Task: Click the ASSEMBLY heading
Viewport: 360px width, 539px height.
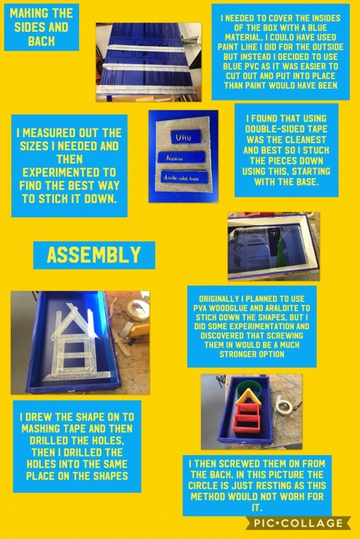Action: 94,254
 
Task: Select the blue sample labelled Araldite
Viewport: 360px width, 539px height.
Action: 181,157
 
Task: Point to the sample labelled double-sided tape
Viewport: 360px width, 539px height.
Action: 184,177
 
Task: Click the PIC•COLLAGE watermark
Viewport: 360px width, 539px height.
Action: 298,523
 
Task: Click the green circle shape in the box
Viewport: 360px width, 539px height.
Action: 249,387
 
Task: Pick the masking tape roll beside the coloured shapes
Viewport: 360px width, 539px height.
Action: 285,407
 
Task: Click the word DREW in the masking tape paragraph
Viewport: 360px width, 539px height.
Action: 40,417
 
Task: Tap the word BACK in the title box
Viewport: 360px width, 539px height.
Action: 42,41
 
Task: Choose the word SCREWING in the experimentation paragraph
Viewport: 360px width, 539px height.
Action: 285,336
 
